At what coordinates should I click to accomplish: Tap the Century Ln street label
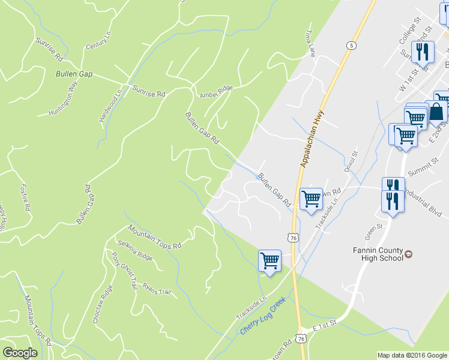coord(99,42)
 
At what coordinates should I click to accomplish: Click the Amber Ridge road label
coord(216,91)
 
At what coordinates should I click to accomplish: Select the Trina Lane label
coord(310,45)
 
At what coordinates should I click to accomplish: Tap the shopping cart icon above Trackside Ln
coord(270,260)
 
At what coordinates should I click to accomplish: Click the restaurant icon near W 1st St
coord(423,52)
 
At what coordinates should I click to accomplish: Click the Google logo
coord(20,352)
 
